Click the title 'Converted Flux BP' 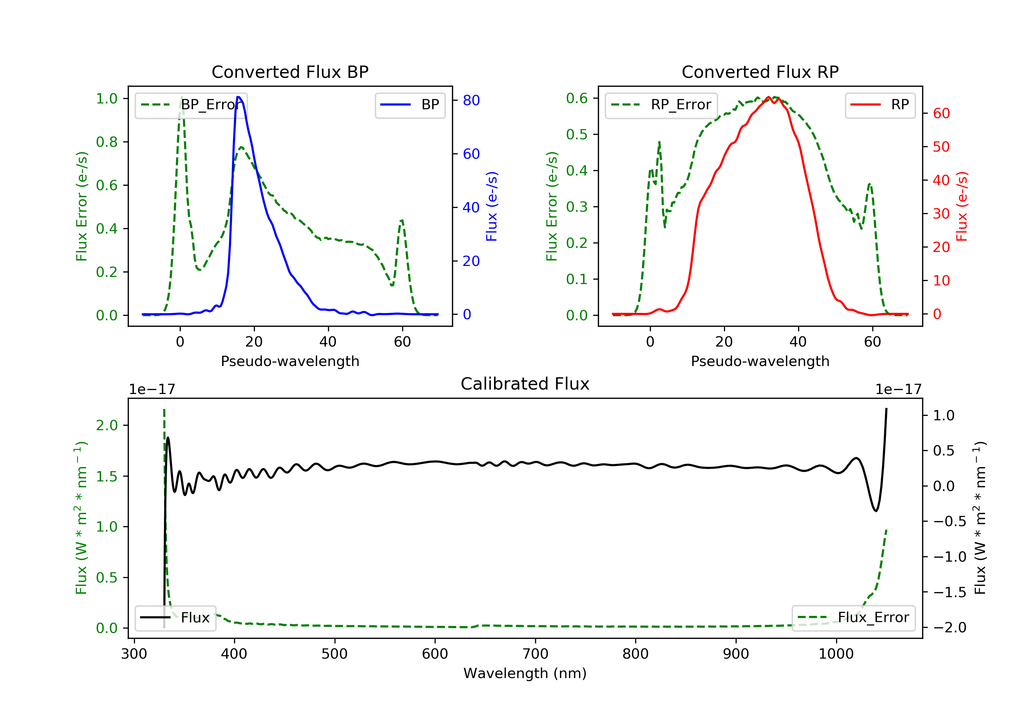290,72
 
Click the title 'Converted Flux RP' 760,72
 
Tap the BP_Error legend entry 191,105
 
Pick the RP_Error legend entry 661,105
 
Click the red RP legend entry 880,105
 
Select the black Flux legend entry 176,618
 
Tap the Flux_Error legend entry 853,618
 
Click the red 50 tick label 941,147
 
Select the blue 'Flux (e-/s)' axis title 492,206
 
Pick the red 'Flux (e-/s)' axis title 961,206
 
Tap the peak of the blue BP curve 238,97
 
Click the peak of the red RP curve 768,97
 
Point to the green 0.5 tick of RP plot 576,134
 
